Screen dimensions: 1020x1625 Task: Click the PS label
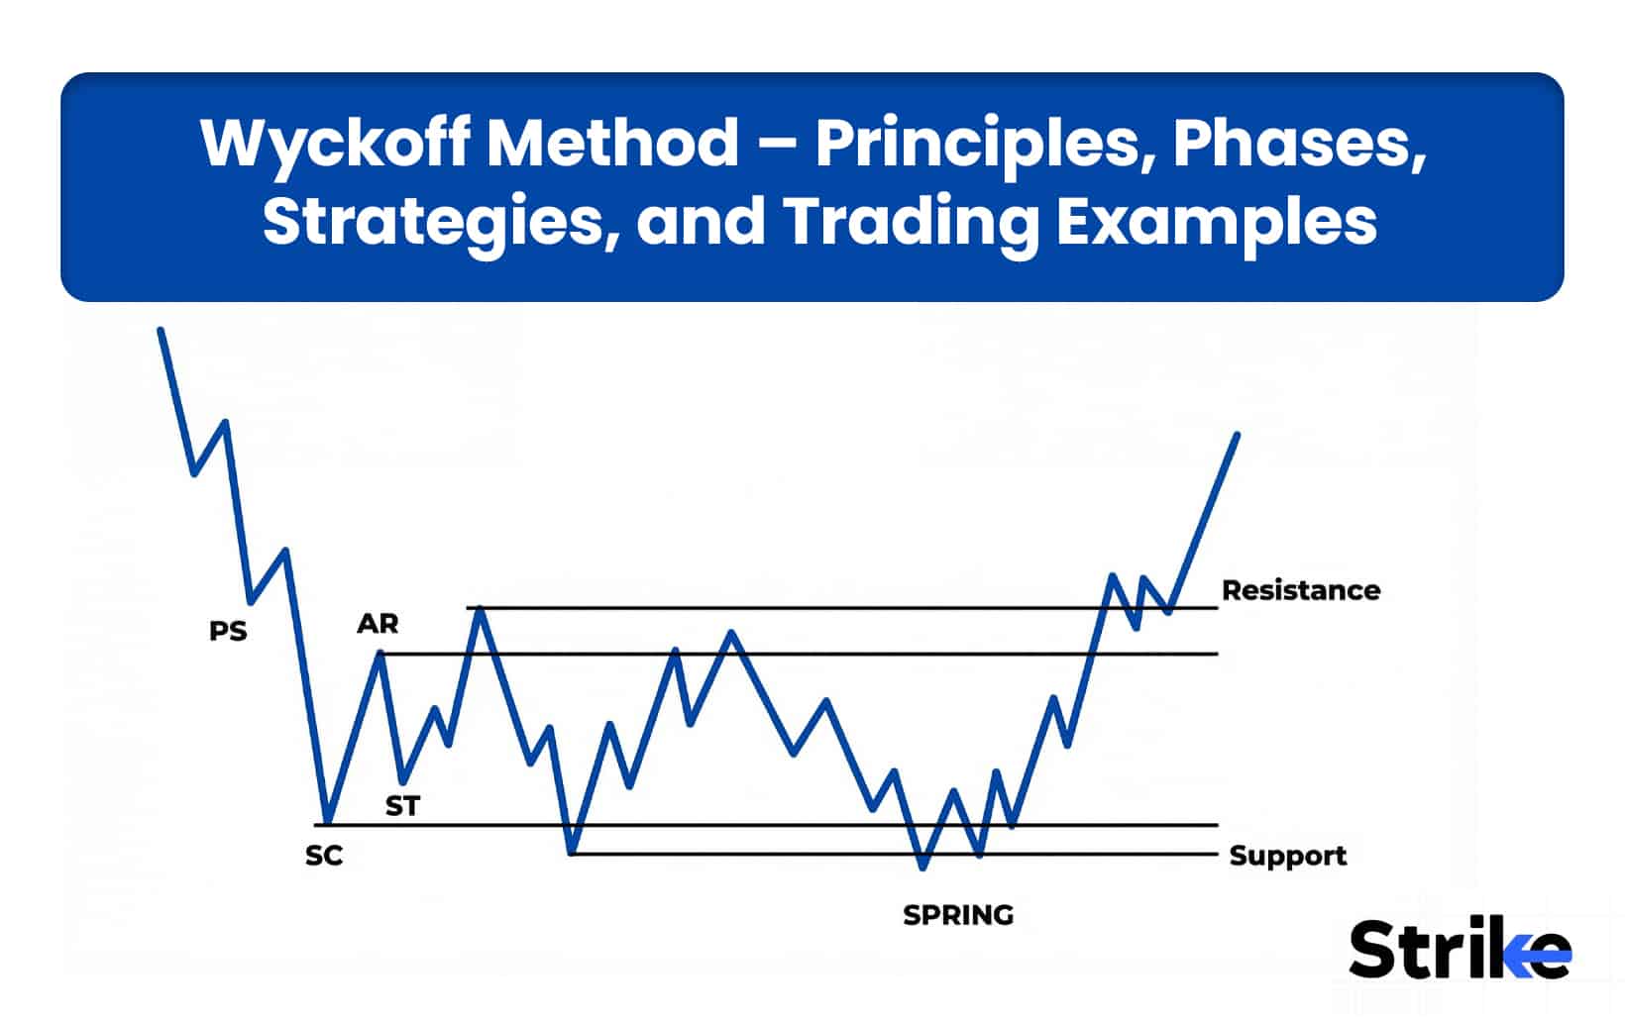pyautogui.click(x=228, y=631)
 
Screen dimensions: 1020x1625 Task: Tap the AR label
pyautogui.click(x=378, y=624)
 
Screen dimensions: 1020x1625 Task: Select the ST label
pyautogui.click(x=402, y=806)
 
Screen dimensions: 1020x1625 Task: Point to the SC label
pyautogui.click(x=324, y=856)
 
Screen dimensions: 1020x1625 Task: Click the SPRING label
pyautogui.click(x=958, y=915)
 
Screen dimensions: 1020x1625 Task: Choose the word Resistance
pyautogui.click(x=1300, y=590)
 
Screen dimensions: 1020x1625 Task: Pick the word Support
pyautogui.click(x=1287, y=856)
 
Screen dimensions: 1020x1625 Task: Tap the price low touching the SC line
pyautogui.click(x=326, y=823)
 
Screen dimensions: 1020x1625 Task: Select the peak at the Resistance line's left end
pyautogui.click(x=480, y=607)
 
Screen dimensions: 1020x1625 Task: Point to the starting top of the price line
pyautogui.click(x=161, y=330)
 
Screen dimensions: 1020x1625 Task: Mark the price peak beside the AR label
pyautogui.click(x=379, y=653)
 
